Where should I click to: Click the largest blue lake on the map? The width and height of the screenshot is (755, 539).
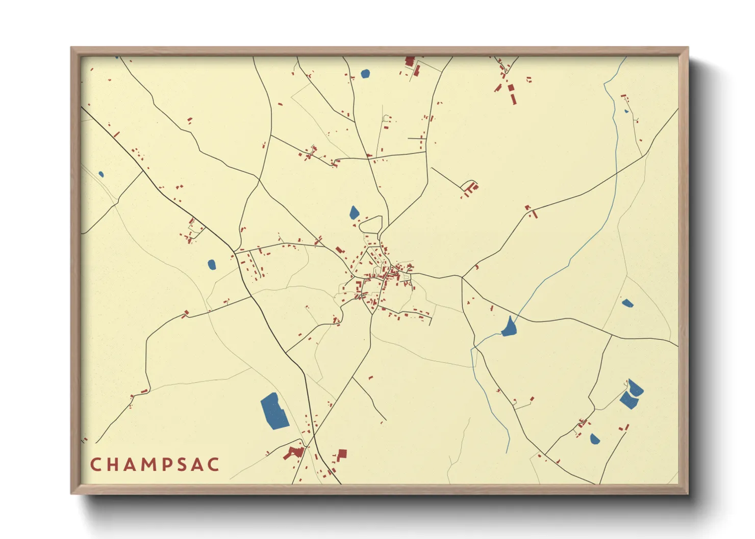(x=274, y=411)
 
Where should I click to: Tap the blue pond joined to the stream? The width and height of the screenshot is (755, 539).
(x=509, y=327)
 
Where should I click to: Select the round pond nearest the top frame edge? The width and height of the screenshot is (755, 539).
(x=365, y=74)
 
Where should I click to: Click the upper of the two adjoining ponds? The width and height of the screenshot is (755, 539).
(x=635, y=388)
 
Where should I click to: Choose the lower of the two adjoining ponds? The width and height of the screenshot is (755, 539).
(x=628, y=400)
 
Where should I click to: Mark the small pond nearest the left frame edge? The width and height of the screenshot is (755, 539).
(x=101, y=174)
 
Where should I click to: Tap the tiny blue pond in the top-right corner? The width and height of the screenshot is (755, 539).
(x=626, y=111)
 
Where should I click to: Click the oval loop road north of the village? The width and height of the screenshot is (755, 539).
(x=371, y=224)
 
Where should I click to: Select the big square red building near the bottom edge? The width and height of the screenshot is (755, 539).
(x=342, y=453)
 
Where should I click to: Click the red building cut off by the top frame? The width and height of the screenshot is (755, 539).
(x=409, y=61)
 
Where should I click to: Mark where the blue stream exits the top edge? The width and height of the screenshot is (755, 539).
(x=626, y=57)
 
